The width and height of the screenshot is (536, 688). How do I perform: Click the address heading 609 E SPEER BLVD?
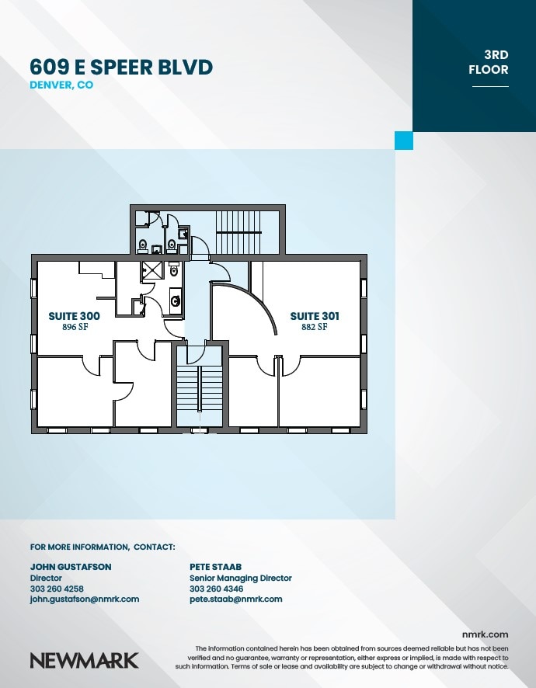point(120,68)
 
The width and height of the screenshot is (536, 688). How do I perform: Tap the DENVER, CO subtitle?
point(61,85)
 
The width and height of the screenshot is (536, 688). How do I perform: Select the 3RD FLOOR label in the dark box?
point(489,62)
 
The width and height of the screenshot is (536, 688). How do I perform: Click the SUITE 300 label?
point(74,316)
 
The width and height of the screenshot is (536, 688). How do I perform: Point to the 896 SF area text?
point(74,328)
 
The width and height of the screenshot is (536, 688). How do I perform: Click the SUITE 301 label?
point(315,316)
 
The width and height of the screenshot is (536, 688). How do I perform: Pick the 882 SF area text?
point(315,328)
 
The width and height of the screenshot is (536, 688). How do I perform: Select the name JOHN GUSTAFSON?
point(71,567)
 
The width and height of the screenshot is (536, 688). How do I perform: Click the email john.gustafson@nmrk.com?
point(85,599)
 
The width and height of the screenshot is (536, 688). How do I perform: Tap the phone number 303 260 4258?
point(57,589)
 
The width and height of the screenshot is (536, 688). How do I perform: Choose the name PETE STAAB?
point(216,567)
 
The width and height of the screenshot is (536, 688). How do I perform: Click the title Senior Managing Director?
point(241,578)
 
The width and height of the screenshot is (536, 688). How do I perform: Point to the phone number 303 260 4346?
point(216,589)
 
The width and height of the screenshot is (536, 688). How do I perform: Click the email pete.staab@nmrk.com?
point(236,599)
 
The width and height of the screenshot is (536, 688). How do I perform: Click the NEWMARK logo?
point(84,661)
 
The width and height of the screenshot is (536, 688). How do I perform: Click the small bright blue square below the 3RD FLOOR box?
point(403,141)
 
